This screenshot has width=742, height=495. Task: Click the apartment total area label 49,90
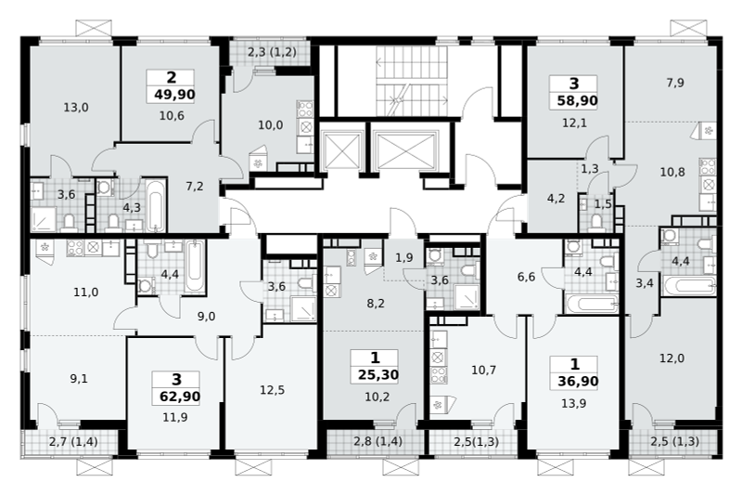point(174,95)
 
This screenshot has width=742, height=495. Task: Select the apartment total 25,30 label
point(378,375)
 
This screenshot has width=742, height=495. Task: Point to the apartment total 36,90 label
point(578,381)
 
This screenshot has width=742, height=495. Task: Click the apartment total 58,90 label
point(577,100)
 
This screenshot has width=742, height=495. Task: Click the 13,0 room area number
point(76,108)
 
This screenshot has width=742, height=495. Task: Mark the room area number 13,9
point(573,403)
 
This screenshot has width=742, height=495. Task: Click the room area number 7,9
point(675,83)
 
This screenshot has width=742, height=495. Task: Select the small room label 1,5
point(603,204)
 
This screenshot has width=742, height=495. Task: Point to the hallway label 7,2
point(195,186)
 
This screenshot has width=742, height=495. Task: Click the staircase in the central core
point(412,81)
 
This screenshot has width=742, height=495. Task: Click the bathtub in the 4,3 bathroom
point(155,206)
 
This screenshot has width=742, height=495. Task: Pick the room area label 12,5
point(272,390)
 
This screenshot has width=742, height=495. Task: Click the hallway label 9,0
point(206,316)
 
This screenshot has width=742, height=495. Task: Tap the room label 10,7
point(483,370)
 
